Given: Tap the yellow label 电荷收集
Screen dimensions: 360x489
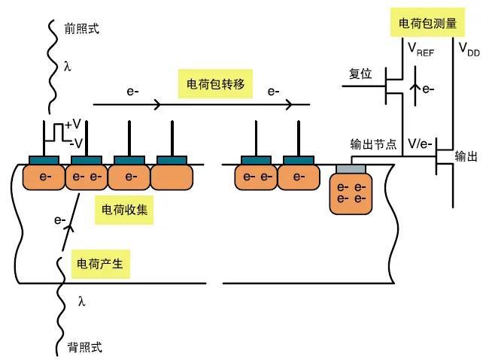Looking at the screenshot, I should point(124,211).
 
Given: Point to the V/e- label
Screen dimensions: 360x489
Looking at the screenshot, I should point(420,144).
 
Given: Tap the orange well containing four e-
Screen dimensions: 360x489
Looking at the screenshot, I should point(351,192).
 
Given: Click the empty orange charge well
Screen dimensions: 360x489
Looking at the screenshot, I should point(172,177).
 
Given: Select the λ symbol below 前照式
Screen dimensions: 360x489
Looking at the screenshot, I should point(68,67).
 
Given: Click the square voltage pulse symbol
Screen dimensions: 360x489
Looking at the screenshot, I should point(55,132).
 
